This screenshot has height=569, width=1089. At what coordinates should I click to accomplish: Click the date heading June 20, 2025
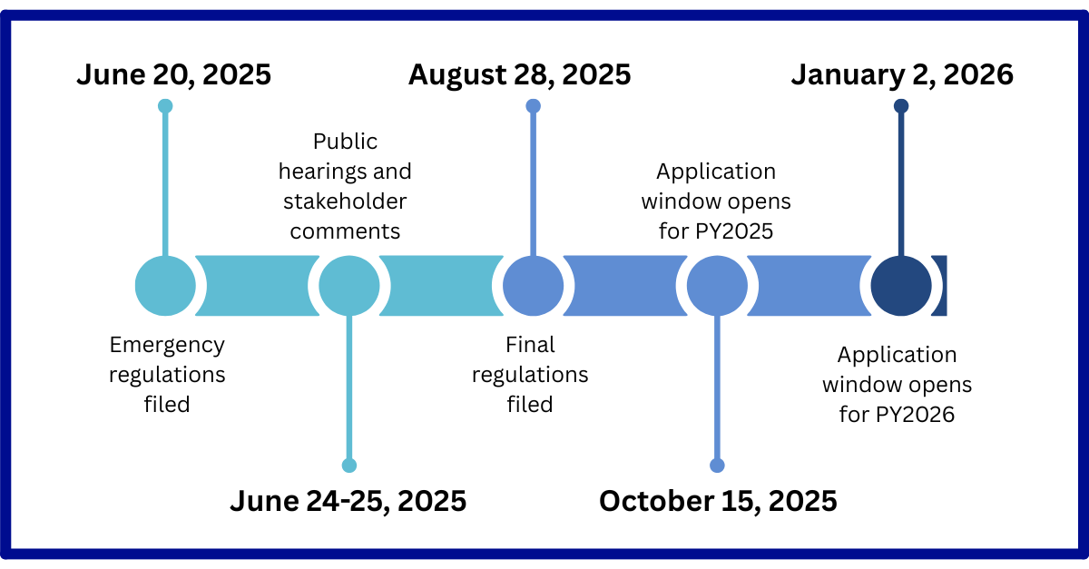tap(173, 75)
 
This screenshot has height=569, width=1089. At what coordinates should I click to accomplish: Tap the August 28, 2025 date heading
tap(519, 75)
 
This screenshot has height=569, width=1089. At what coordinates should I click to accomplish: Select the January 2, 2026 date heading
tap(902, 75)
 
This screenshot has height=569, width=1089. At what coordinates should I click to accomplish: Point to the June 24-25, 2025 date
tap(348, 502)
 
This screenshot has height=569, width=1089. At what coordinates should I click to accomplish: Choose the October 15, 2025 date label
tap(718, 502)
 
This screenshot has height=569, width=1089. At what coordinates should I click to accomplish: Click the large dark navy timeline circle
tap(901, 286)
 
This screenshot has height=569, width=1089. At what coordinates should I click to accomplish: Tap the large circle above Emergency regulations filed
tap(165, 286)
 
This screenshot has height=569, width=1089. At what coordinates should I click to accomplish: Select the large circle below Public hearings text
tap(349, 286)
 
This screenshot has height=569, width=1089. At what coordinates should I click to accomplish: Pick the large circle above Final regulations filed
tap(533, 286)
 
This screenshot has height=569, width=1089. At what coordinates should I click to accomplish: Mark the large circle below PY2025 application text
tap(717, 286)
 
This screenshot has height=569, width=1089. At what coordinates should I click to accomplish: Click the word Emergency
tap(167, 346)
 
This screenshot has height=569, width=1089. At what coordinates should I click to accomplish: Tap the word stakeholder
tap(345, 201)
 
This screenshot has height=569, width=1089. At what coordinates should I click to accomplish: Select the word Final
tap(530, 345)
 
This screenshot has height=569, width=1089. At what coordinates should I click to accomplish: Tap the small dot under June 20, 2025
tap(165, 106)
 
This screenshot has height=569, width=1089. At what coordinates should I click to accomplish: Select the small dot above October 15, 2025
tap(717, 466)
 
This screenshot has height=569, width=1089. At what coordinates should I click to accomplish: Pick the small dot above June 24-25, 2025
tap(349, 466)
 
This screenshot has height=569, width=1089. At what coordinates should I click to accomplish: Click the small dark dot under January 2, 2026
tap(901, 106)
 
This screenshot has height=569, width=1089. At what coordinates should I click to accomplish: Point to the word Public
tap(345, 142)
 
